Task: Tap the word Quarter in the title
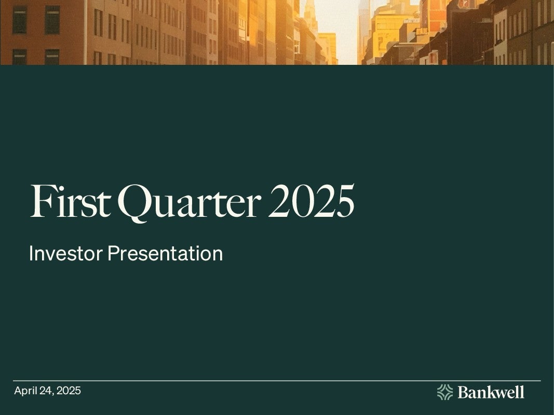(x=189, y=203)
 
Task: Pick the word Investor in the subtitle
(x=66, y=253)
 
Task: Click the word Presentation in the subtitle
(x=165, y=253)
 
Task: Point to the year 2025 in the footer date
(x=69, y=391)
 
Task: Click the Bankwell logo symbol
(x=445, y=392)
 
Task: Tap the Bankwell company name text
(x=491, y=392)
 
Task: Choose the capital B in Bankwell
(x=463, y=392)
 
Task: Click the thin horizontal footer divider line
(x=277, y=381)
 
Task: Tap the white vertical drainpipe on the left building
(x=86, y=32)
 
